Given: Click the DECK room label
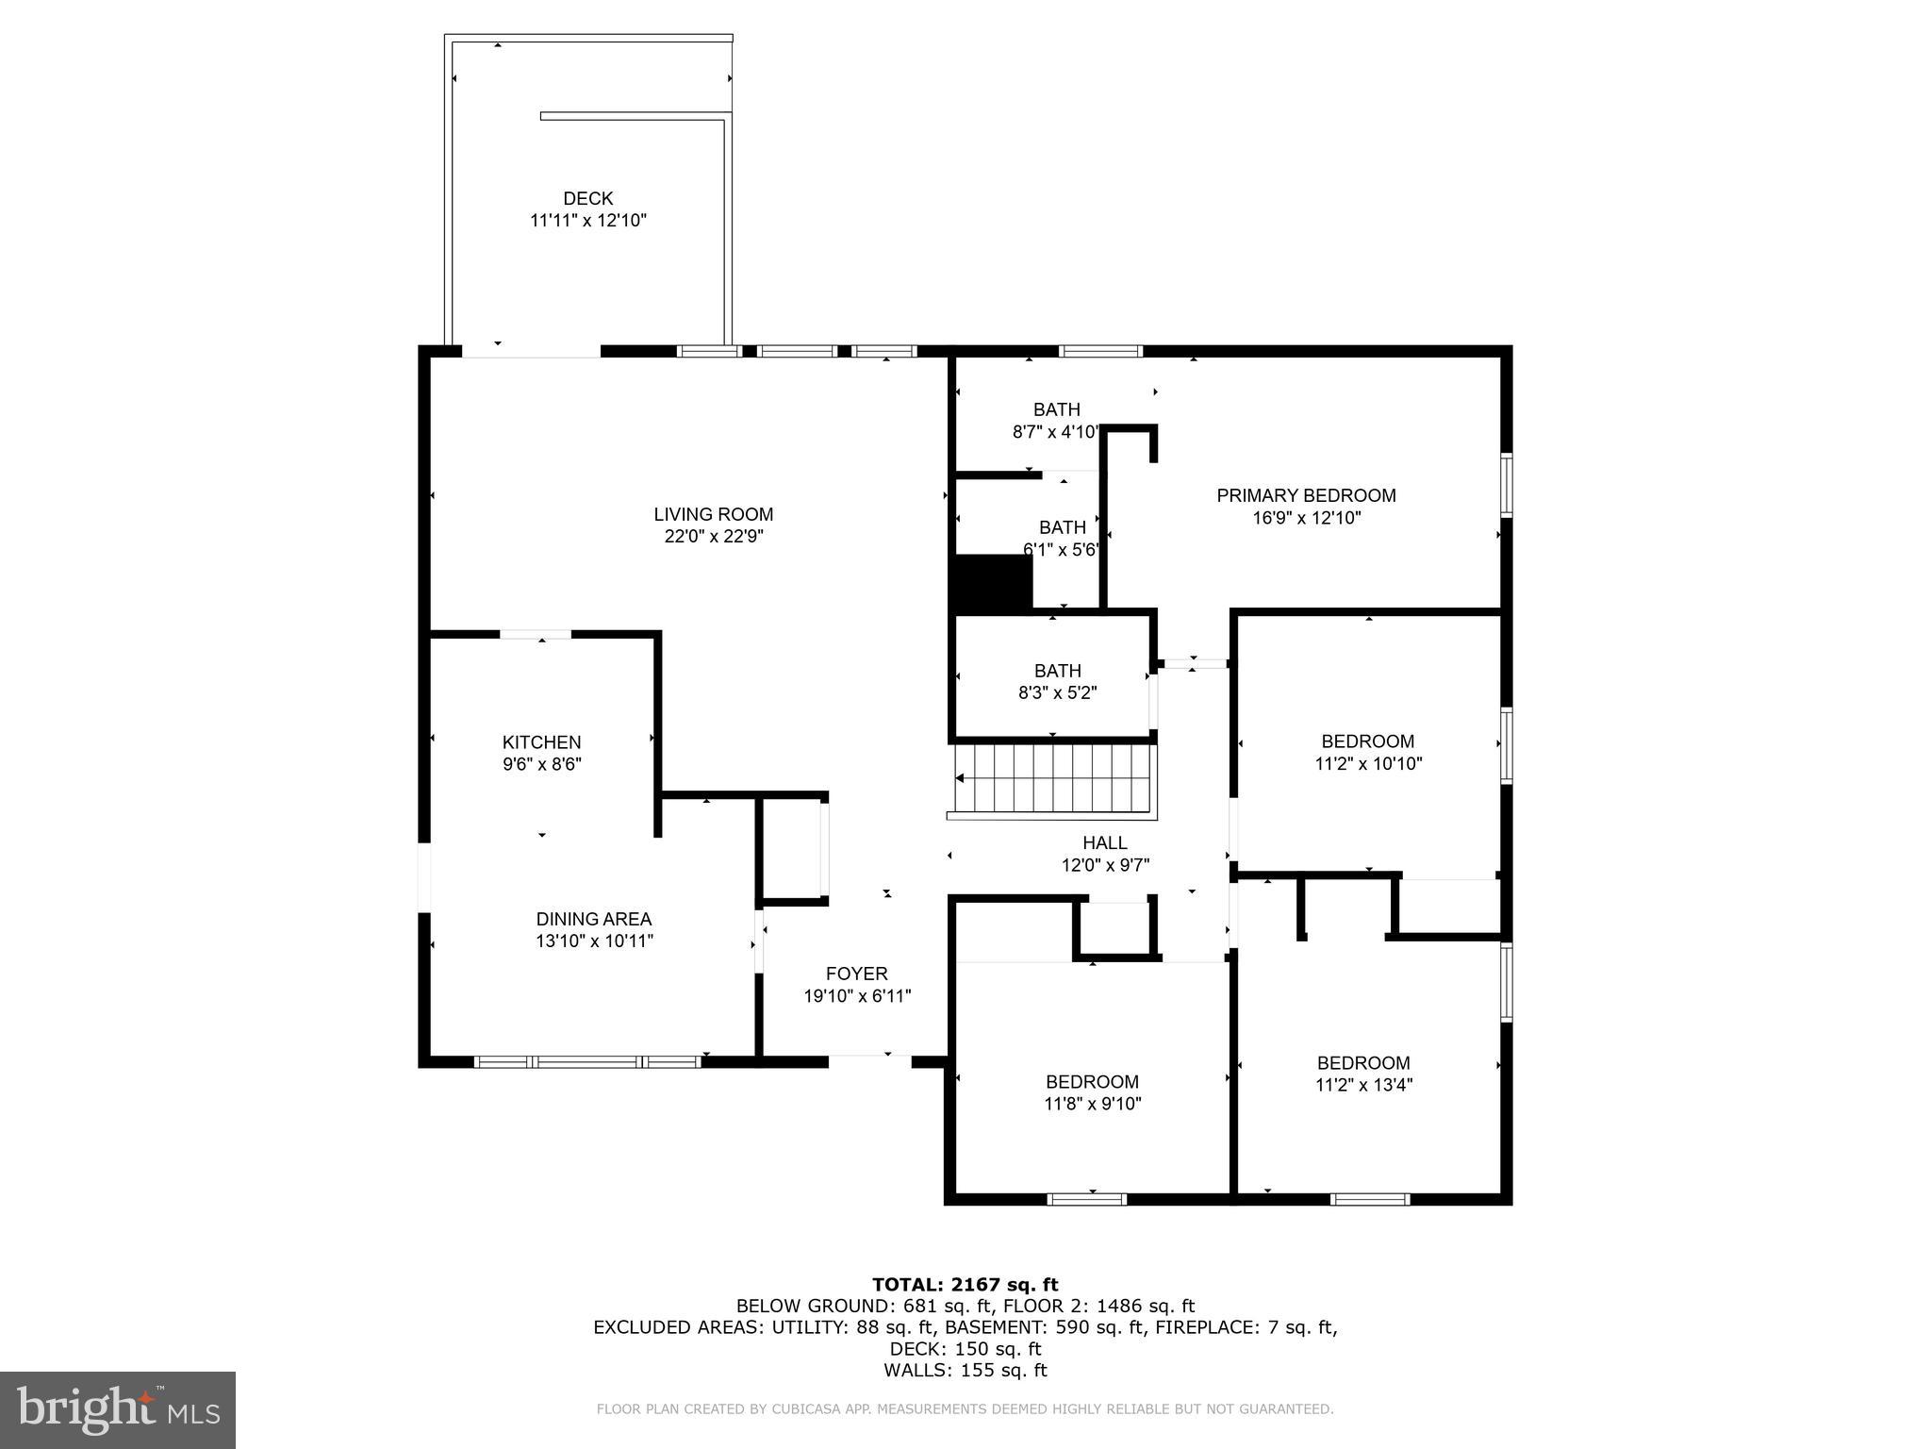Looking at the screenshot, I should (587, 198).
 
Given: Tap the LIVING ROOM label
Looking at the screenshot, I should (713, 514).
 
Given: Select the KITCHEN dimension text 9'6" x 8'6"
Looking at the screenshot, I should (541, 764).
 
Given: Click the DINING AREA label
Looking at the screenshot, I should (593, 919).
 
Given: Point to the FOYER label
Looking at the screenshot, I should (856, 974).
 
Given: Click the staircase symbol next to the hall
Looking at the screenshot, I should (1054, 778).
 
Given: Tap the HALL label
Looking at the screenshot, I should (1104, 842).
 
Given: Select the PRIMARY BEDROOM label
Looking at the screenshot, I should (1305, 495).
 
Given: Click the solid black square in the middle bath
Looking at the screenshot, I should (994, 583).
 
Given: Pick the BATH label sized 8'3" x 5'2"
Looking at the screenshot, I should (1057, 671).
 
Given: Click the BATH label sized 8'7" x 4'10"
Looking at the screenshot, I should (1056, 409).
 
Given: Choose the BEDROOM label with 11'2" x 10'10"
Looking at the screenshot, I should (1367, 741).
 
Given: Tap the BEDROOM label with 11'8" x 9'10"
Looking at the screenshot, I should (1092, 1082).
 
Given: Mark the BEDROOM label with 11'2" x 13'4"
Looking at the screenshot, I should (1363, 1063).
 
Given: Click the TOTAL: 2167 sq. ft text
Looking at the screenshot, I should (965, 1284).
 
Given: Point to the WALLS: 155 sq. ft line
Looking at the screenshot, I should (965, 1371).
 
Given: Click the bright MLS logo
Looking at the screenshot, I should (118, 1409).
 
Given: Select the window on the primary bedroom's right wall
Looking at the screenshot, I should (1506, 485).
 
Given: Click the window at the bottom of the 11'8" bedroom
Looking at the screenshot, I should (1087, 1199).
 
